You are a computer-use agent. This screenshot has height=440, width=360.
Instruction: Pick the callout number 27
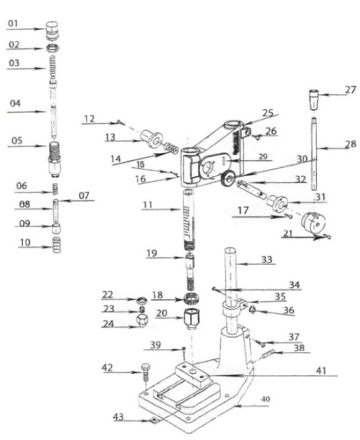pyautogui.click(x=350, y=91)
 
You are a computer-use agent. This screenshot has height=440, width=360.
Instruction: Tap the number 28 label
pyautogui.click(x=350, y=143)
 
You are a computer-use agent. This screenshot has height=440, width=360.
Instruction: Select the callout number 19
pyautogui.click(x=151, y=253)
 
